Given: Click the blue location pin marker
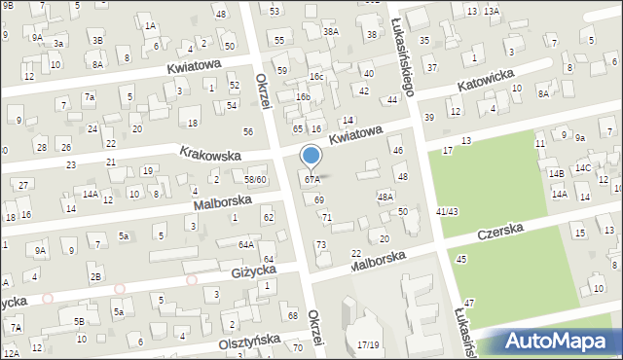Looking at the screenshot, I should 311,157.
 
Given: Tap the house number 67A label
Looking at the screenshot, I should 311,180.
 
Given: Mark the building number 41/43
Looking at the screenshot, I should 448,211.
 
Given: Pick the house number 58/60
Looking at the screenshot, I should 255,180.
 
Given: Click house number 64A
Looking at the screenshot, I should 247,245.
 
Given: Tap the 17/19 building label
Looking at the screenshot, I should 368,344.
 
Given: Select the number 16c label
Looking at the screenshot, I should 316,76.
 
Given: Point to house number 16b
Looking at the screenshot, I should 303,97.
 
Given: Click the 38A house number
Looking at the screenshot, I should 331,31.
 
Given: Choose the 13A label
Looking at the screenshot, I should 492,11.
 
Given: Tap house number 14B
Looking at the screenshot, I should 556,173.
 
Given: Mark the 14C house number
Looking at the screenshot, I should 582,167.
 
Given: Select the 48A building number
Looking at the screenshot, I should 385,197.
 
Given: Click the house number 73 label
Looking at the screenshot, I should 321,243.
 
